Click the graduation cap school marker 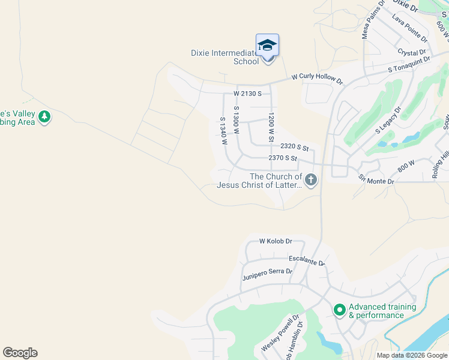[x=267, y=46]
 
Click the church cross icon [x=310, y=180]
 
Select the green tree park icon [x=44, y=116]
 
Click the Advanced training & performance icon [x=339, y=310]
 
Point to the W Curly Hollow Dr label [x=317, y=79]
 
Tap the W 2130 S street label [x=247, y=94]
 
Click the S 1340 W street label [x=223, y=131]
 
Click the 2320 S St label [x=294, y=147]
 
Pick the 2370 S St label [x=283, y=158]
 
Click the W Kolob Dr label [x=276, y=241]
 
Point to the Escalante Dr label [x=307, y=260]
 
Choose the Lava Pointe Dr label [x=409, y=29]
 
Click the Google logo [x=20, y=353]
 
